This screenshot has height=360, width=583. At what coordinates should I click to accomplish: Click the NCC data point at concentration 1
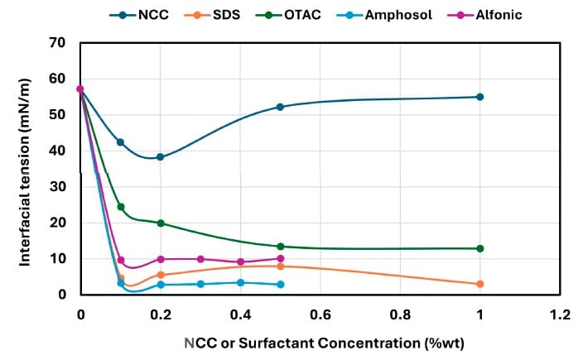[x=480, y=97]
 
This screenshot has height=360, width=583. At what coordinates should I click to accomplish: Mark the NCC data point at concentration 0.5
[x=280, y=107]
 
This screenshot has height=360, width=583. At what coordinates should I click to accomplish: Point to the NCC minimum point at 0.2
[x=160, y=157]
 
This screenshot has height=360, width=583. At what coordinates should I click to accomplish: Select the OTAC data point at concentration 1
[x=480, y=248]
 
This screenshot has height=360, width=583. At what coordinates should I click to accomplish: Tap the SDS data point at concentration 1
[x=480, y=284]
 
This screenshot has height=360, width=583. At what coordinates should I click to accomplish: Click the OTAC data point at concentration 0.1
[x=120, y=207]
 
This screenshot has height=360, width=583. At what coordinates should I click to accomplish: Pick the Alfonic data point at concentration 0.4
[x=240, y=262]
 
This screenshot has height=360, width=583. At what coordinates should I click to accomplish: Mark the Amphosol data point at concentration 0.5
[x=280, y=284]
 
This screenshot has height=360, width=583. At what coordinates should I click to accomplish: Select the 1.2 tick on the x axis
[x=561, y=315]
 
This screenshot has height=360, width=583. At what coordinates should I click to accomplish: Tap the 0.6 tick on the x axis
[x=320, y=315]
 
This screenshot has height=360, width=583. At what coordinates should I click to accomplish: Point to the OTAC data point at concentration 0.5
[x=280, y=247]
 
